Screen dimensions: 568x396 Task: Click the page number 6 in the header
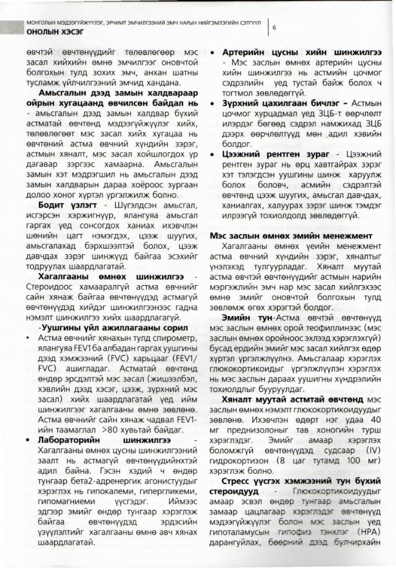coord(274,27)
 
